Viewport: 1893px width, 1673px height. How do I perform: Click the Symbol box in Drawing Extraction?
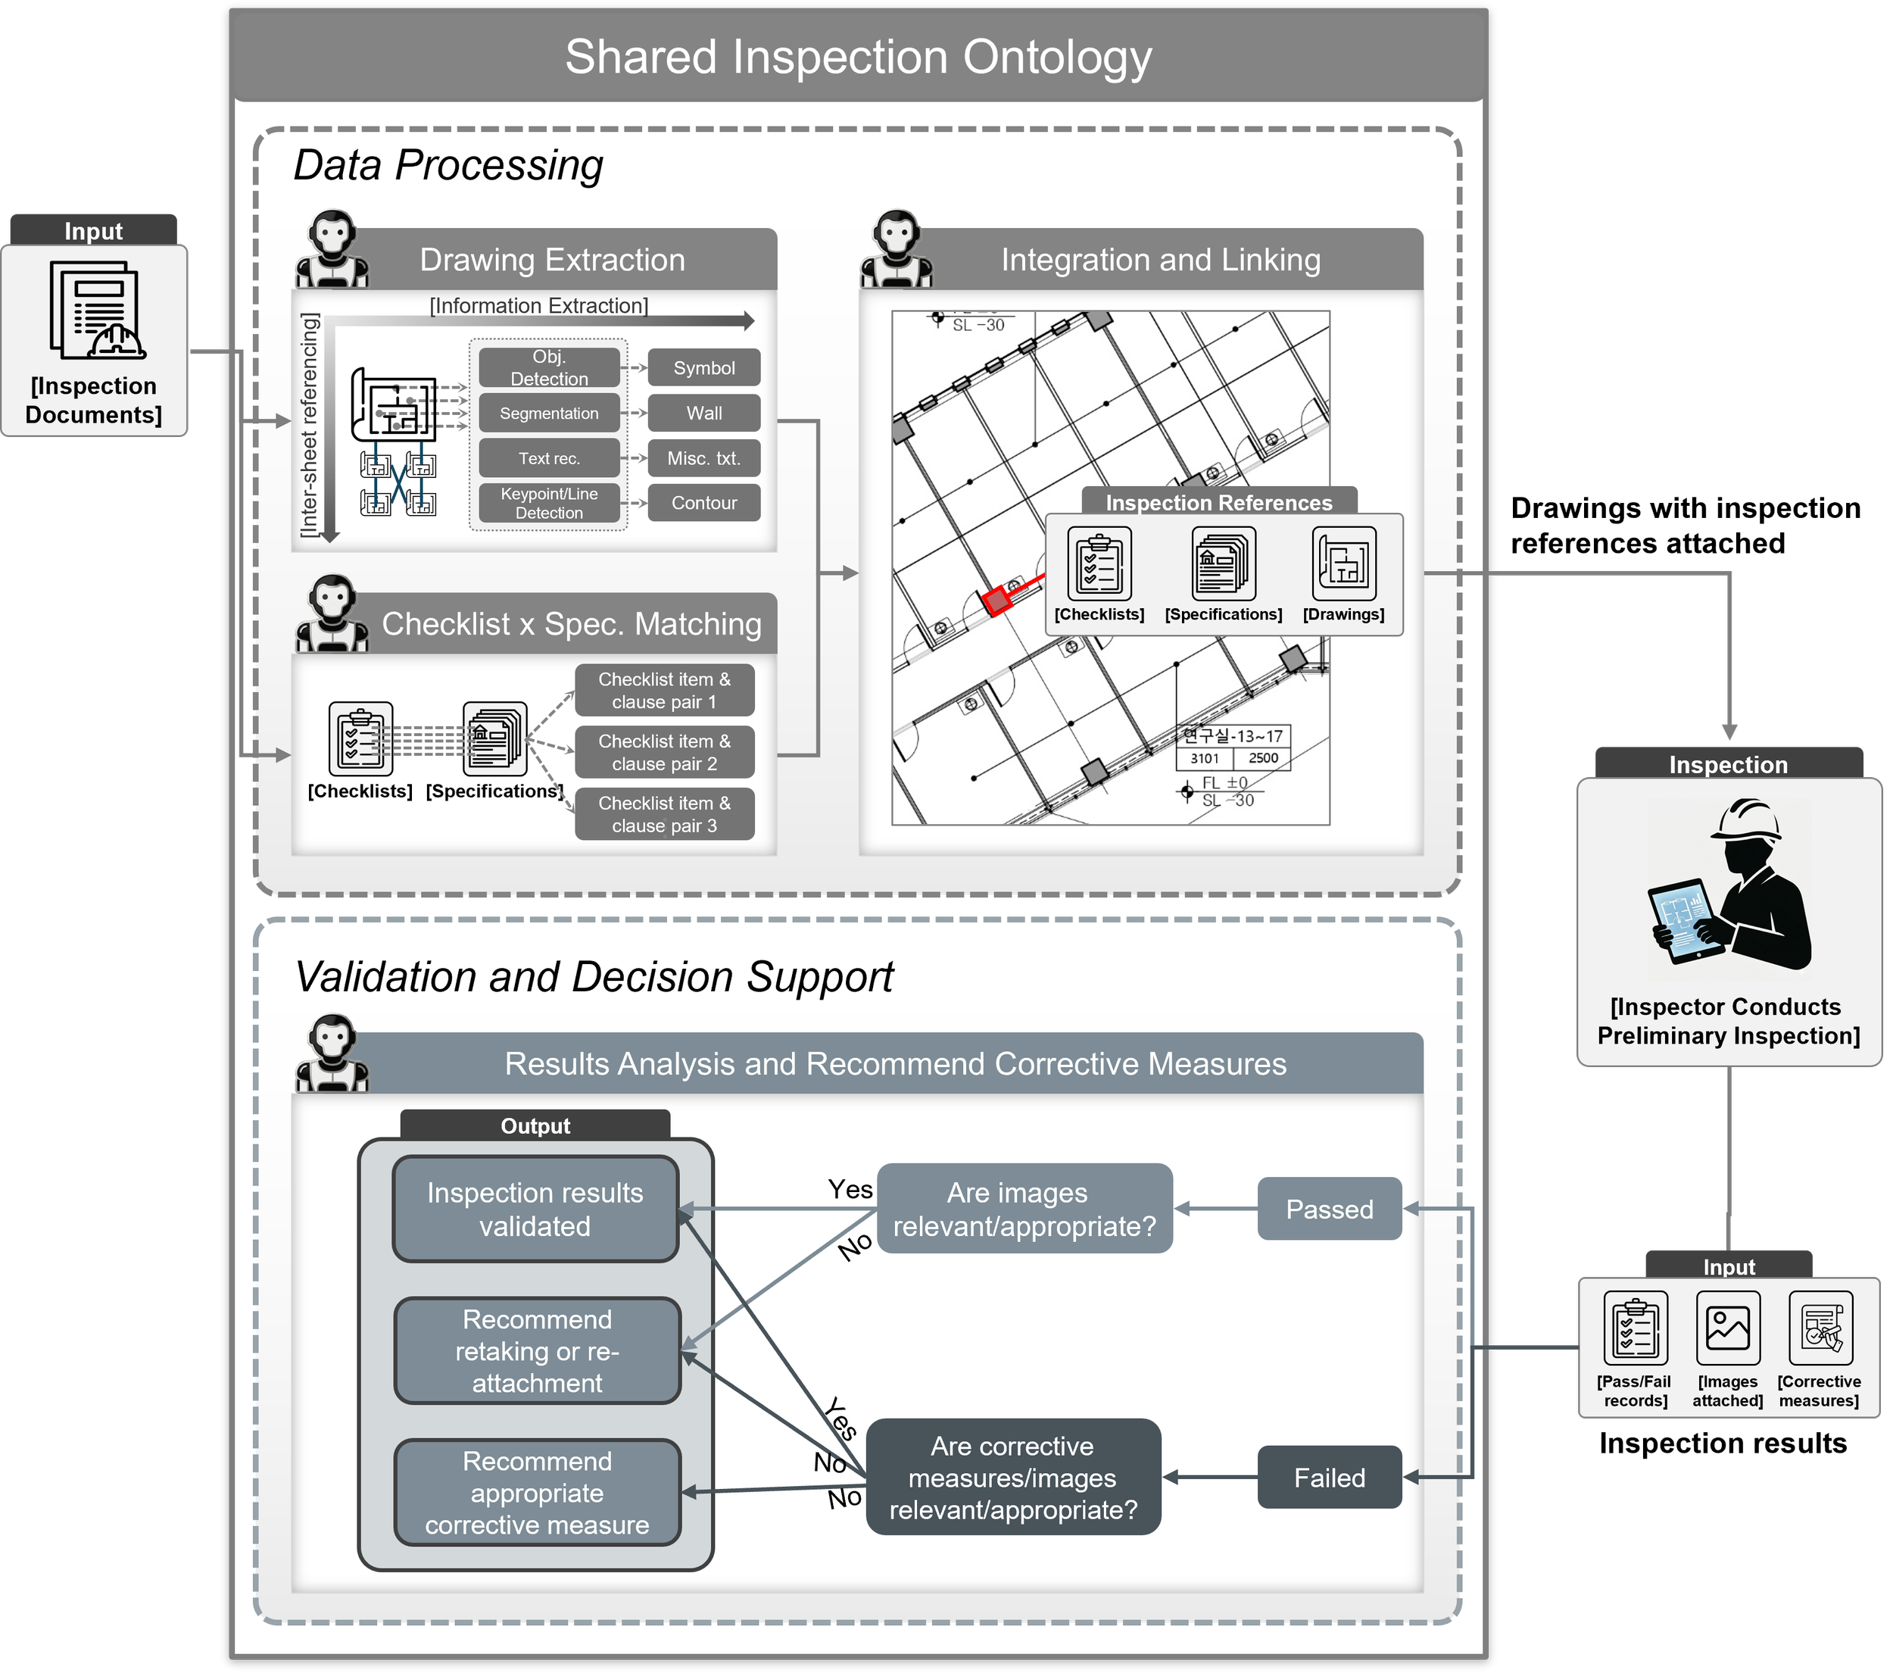tap(704, 368)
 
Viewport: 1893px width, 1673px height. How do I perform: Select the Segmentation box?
tap(549, 414)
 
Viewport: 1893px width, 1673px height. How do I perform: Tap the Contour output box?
tap(704, 503)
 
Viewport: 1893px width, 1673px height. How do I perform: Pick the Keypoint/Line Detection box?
tap(549, 503)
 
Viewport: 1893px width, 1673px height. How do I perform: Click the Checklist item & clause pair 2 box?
tap(664, 752)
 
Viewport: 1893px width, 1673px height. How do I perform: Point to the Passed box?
tap(1329, 1209)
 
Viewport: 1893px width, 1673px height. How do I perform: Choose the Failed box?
tap(1329, 1478)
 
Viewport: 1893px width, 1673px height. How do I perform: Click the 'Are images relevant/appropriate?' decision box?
tap(1024, 1209)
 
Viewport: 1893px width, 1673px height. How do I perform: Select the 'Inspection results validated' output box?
tap(535, 1209)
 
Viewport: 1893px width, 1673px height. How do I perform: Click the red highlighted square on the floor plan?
tap(997, 601)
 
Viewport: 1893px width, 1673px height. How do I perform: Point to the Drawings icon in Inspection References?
tap(1344, 563)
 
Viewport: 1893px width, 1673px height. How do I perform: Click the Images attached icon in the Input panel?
tap(1727, 1328)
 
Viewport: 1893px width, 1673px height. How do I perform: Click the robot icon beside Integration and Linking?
tap(896, 248)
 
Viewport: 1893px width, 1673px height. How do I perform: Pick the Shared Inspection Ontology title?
tap(858, 57)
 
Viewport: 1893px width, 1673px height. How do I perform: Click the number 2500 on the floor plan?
tap(1262, 758)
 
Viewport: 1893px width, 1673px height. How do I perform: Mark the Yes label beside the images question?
tap(850, 1190)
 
